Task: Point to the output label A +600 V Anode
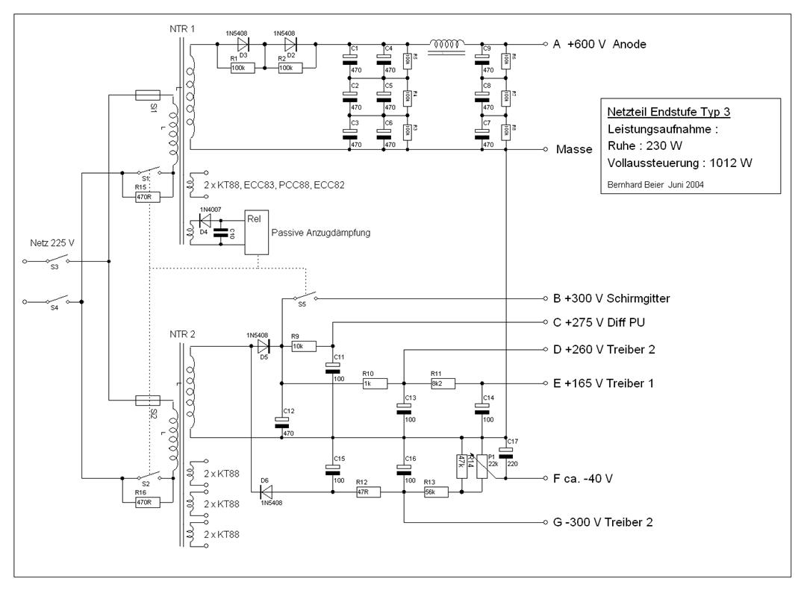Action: tap(599, 45)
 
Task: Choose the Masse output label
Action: tap(573, 149)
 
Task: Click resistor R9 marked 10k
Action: tap(303, 346)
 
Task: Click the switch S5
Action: tap(302, 296)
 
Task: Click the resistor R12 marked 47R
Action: tap(367, 492)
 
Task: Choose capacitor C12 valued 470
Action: tap(281, 421)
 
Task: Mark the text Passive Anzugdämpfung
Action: tap(321, 233)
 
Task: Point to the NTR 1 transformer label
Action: tap(183, 28)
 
